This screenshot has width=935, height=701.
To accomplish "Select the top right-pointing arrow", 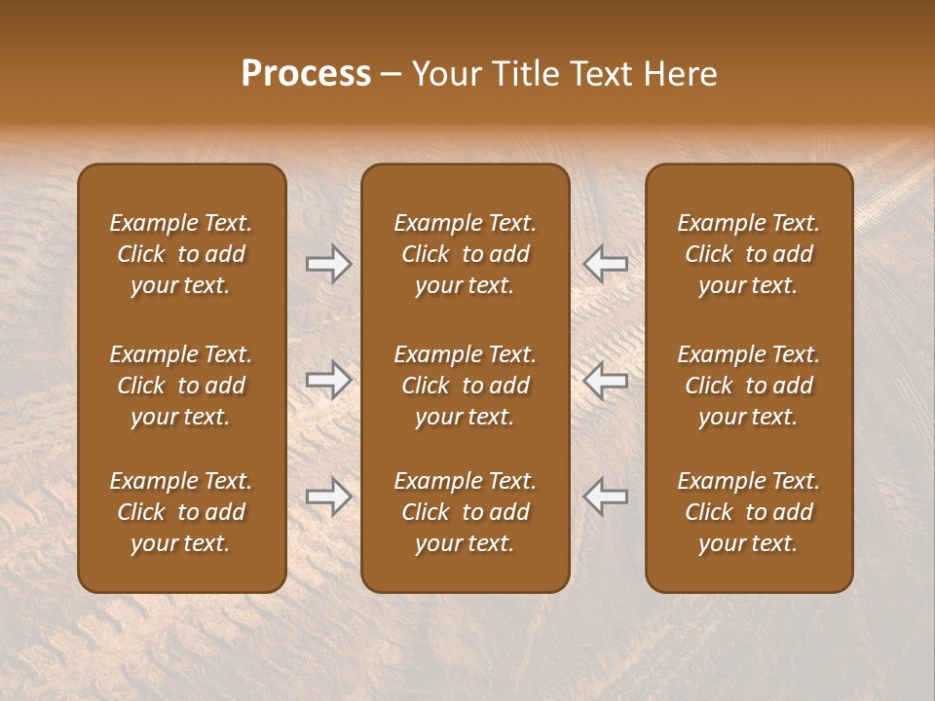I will pos(328,264).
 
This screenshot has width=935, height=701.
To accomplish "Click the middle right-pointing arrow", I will pos(328,380).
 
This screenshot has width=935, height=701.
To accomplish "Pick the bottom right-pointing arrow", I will pos(328,497).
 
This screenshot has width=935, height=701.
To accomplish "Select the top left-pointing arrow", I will pos(605,264).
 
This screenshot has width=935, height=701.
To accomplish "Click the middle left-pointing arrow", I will pos(605,380).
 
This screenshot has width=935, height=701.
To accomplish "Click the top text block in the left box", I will pos(181,254).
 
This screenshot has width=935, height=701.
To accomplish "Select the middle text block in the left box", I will pos(181,386).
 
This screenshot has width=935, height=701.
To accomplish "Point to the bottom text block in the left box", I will pos(181,512).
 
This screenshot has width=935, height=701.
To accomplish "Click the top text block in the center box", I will pos(465,254).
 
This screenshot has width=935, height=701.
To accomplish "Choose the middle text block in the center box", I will pos(465,386).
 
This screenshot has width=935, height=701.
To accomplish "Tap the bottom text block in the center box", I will pos(465,512).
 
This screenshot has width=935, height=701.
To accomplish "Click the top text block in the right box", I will pos(748,254).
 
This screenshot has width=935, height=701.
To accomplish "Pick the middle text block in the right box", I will pos(748,386).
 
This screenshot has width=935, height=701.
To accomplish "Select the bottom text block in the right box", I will pos(748,512).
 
